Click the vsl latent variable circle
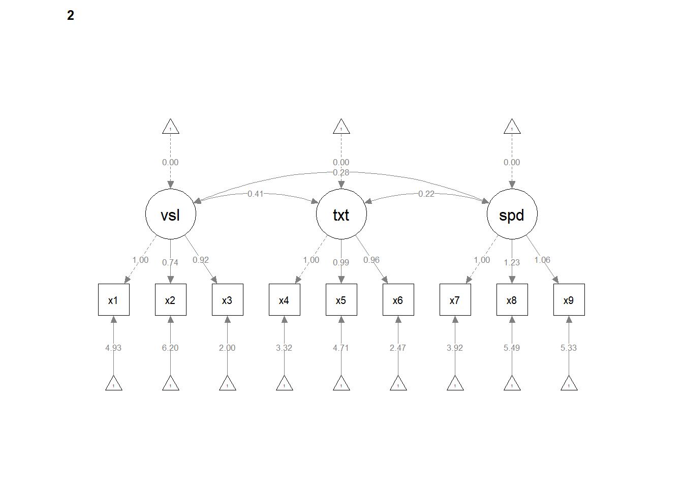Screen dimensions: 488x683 pyautogui.click(x=171, y=214)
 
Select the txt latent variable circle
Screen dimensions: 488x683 pyautogui.click(x=341, y=214)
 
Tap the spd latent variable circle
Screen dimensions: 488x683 pyautogui.click(x=512, y=214)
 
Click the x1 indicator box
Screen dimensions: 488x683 pyautogui.click(x=113, y=300)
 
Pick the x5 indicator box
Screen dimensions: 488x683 pyautogui.click(x=341, y=300)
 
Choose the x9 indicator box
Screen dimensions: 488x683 pyautogui.click(x=569, y=300)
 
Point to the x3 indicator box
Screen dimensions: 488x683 pyautogui.click(x=227, y=300)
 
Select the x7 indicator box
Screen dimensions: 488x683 pyautogui.click(x=455, y=300)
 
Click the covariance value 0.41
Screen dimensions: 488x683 pyautogui.click(x=256, y=194)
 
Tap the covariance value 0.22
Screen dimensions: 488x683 pyautogui.click(x=426, y=194)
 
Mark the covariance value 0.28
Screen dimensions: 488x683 pyautogui.click(x=341, y=173)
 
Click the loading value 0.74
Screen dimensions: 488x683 pyautogui.click(x=170, y=263)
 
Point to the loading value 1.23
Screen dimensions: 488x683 pyautogui.click(x=512, y=263)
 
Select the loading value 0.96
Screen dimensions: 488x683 pyautogui.click(x=371, y=260)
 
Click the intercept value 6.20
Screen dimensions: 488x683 pyautogui.click(x=170, y=348)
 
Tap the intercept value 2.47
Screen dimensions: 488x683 pyautogui.click(x=398, y=348)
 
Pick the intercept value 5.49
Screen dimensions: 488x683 pyautogui.click(x=512, y=348)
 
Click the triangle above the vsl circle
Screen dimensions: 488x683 pyautogui.click(x=171, y=127)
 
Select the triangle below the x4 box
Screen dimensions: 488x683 pyautogui.click(x=285, y=383)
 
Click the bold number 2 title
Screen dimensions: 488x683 pyautogui.click(x=71, y=15)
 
